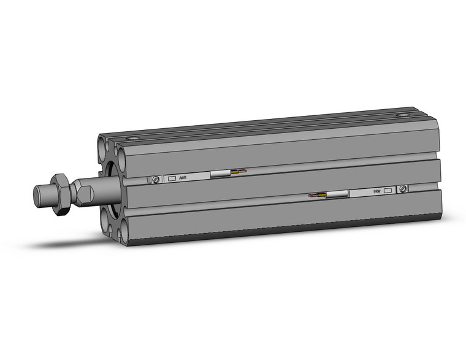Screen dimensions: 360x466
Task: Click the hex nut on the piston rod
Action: click(x=59, y=193)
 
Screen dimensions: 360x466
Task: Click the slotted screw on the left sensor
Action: click(x=156, y=179)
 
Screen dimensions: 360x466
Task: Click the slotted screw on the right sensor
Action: click(x=403, y=189)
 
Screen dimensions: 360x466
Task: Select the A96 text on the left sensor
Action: click(x=183, y=178)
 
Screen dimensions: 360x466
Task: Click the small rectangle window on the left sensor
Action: click(x=171, y=178)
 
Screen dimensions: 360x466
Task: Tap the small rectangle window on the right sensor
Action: click(x=388, y=190)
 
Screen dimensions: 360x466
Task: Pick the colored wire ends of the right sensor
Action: click(x=318, y=196)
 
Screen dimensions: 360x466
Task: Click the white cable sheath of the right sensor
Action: click(x=337, y=194)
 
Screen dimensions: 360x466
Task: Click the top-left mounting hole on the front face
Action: click(x=102, y=147)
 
